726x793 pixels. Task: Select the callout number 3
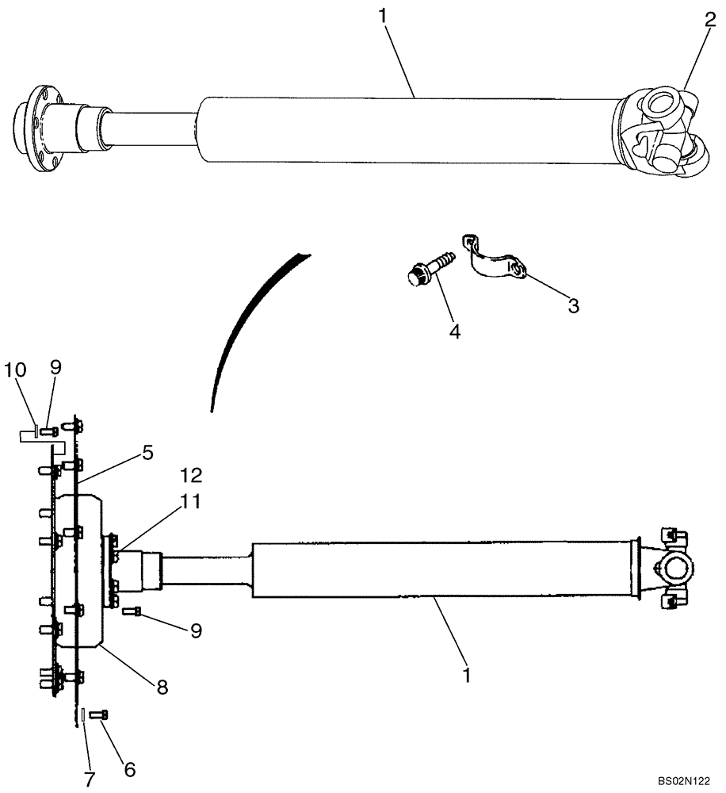point(572,305)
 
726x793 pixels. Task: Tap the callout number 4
point(454,331)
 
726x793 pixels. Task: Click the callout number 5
point(147,453)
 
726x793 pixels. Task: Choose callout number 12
point(191,475)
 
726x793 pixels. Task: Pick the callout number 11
point(190,501)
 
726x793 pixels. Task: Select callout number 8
point(162,687)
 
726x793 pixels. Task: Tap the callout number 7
point(89,780)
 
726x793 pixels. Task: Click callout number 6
point(129,768)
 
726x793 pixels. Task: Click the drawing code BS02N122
point(686,781)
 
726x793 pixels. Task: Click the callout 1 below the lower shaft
point(467,675)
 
